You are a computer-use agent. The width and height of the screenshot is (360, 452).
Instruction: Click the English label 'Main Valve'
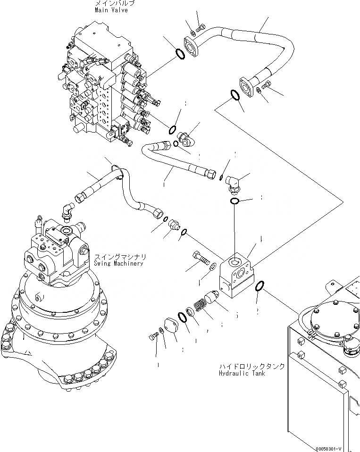(111, 10)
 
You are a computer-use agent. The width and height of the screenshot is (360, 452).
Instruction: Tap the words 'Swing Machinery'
(118, 264)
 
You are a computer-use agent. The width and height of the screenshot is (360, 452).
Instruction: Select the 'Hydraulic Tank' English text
(242, 373)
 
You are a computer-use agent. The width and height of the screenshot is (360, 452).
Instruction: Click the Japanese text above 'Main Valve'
(115, 3)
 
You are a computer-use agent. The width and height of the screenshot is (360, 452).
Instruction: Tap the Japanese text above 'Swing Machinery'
(120, 257)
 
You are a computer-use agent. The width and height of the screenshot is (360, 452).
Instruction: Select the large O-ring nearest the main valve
(179, 54)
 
